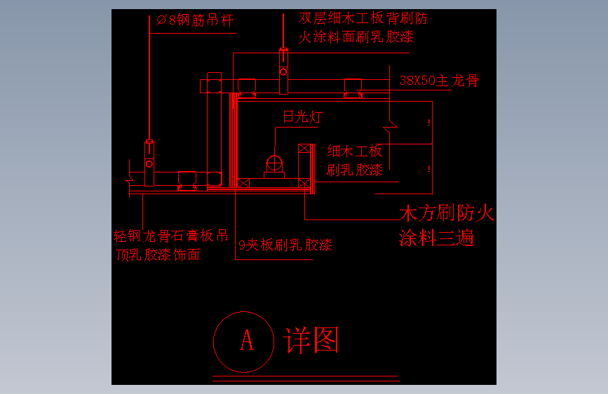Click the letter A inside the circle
(247, 340)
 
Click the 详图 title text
(311, 340)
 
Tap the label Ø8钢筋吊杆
(195, 20)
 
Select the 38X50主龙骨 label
(439, 81)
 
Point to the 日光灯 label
(303, 116)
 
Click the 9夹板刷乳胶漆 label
(285, 245)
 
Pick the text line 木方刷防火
(447, 213)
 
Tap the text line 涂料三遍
(437, 238)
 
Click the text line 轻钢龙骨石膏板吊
(170, 236)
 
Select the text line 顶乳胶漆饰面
(158, 254)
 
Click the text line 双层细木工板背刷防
(363, 18)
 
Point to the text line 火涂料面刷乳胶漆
(356, 37)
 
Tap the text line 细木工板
(354, 151)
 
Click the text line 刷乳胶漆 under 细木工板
(354, 170)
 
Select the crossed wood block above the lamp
(304, 148)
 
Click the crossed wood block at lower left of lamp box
(243, 183)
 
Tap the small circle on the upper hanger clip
(283, 72)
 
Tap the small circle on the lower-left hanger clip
(149, 164)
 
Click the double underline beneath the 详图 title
(306, 379)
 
